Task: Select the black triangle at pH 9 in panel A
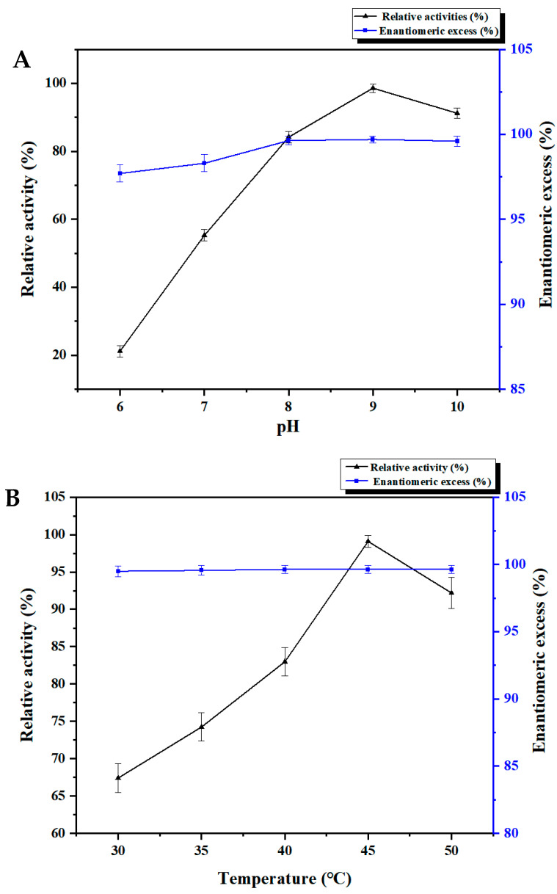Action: click(x=373, y=88)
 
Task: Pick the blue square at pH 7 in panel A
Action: click(x=204, y=163)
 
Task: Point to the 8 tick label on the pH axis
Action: click(x=288, y=406)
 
